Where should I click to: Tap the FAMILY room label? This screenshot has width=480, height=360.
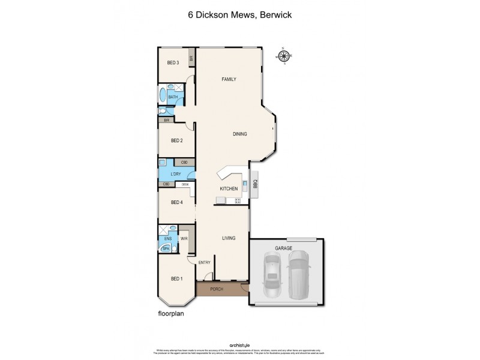[x=228, y=79]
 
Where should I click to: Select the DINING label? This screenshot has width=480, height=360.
[x=240, y=134]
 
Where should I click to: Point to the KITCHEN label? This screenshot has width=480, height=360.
[x=229, y=188]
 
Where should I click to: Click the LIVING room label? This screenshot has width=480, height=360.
[x=228, y=238]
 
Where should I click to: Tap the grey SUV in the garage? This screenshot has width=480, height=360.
[x=299, y=275]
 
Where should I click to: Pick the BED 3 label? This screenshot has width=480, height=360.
[x=173, y=63]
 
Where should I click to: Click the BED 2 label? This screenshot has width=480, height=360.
[x=176, y=141]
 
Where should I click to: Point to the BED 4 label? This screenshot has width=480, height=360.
[x=176, y=202]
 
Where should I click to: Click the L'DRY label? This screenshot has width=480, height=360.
[x=176, y=174]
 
